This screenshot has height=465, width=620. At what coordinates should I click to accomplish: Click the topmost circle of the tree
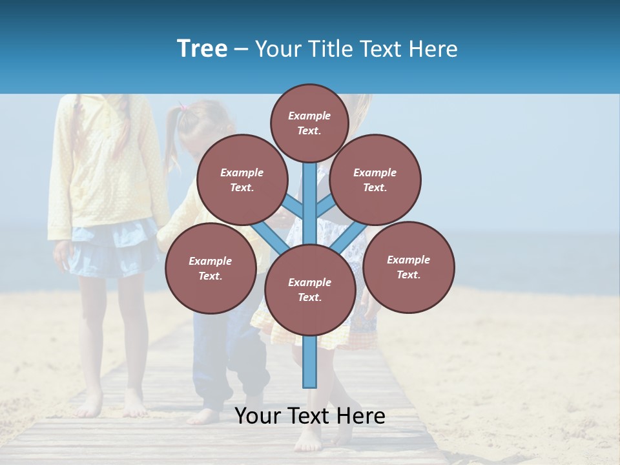tap(309, 123)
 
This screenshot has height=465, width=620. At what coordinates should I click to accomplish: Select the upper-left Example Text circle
tap(242, 180)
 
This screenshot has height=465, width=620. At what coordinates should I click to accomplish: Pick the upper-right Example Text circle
tap(375, 180)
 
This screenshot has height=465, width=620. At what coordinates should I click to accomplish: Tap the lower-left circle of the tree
tap(210, 268)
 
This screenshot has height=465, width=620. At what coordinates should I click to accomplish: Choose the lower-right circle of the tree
tap(408, 267)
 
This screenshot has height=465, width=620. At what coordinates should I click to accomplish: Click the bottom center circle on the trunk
tap(309, 289)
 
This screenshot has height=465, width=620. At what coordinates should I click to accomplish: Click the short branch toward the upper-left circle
tap(294, 206)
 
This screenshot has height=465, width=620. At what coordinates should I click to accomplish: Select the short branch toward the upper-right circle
tap(325, 206)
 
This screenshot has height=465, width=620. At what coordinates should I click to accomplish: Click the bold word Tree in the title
tap(202, 48)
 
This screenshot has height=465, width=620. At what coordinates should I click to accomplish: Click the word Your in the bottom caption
tap(257, 416)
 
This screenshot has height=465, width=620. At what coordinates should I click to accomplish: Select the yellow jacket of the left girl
tap(103, 161)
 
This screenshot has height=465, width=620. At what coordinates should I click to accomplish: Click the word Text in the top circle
tap(309, 130)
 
